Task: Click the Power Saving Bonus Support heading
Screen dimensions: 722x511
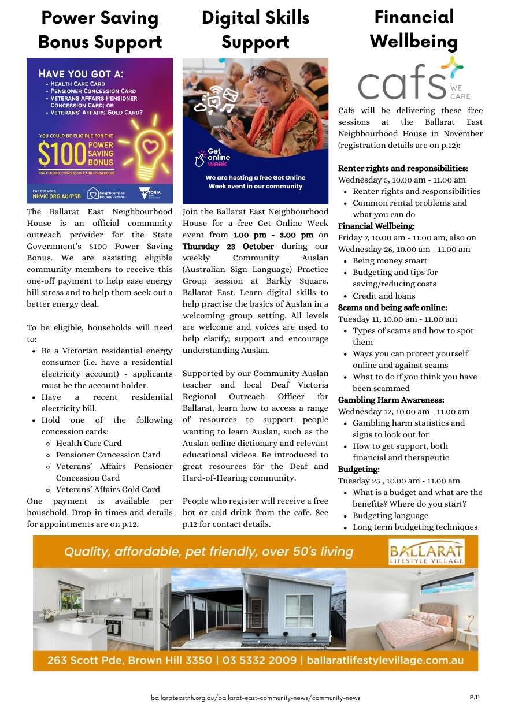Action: point(100,30)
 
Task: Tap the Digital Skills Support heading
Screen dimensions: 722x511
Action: point(255,30)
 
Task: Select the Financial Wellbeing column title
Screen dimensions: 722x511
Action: point(414,29)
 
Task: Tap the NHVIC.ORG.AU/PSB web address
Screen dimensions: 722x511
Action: point(56,196)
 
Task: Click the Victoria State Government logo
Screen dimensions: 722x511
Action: point(151,193)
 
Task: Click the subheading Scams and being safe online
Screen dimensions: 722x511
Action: point(392,307)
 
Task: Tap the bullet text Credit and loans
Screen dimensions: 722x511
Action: point(384,296)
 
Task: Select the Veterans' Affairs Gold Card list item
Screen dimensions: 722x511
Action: point(108,489)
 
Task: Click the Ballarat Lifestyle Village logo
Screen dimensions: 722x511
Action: point(426,552)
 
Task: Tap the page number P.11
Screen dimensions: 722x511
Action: point(475,697)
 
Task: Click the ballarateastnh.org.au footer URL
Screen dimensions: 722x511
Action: point(255,698)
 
